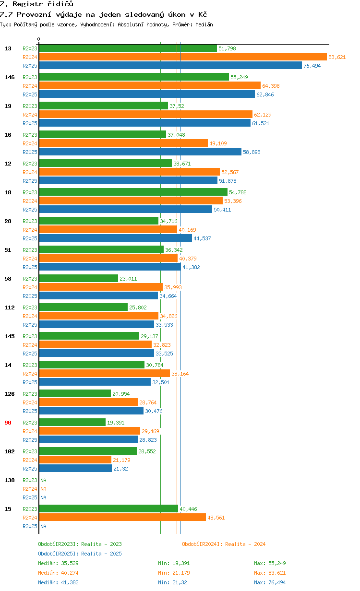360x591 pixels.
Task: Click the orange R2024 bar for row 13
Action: tap(182, 57)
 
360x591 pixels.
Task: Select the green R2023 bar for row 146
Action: tap(134, 77)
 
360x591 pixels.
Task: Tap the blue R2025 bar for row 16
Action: tap(140, 152)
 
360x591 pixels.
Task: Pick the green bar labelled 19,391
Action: tap(72, 423)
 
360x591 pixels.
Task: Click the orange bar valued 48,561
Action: tap(122, 518)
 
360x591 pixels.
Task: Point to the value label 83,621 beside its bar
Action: tap(337, 57)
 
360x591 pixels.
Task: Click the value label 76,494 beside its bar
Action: tap(312, 66)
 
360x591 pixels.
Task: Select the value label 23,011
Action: tap(128, 279)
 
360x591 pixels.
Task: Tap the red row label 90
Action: tap(8, 423)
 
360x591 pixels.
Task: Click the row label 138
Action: tap(10, 480)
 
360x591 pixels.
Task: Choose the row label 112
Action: tap(10, 307)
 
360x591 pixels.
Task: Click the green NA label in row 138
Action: tap(43, 480)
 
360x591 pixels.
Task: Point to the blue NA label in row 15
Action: tap(43, 526)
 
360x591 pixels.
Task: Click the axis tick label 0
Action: tap(39, 39)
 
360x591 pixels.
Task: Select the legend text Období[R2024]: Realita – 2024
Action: tap(224, 544)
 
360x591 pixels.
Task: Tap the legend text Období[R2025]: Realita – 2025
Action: tap(80, 554)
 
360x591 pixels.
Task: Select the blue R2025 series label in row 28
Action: tap(30, 238)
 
